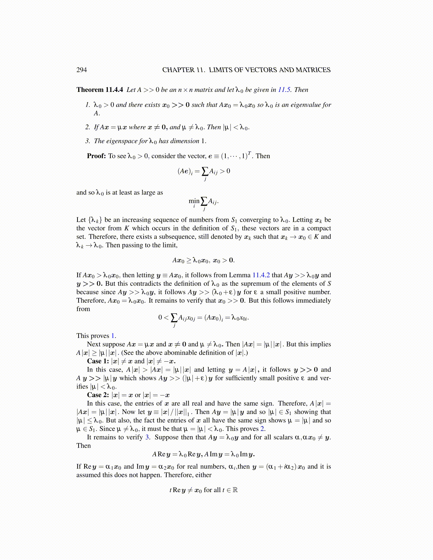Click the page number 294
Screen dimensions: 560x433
[x=81, y=70]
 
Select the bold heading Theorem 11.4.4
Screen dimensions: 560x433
[x=100, y=90]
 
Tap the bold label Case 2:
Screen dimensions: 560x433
[x=98, y=395]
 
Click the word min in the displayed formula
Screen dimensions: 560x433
[x=194, y=201]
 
